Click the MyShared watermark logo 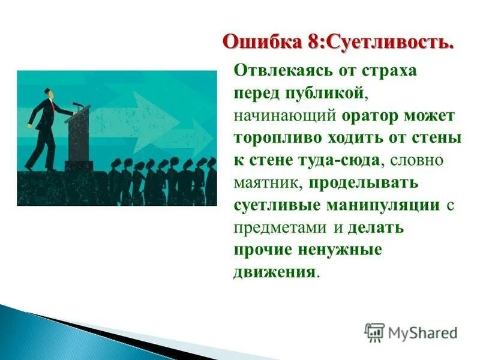coord(411,332)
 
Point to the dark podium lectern coord(78,135)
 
